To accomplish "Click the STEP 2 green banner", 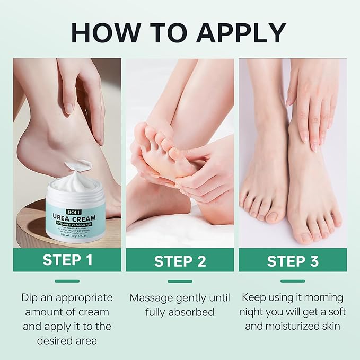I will [x=180, y=261].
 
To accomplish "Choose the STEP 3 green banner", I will [x=293, y=261].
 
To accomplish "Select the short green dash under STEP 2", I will [x=180, y=281].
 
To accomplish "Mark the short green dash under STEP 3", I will [x=293, y=281].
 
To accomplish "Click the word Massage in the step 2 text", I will [x=151, y=298].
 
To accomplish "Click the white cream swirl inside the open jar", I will [x=74, y=183].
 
